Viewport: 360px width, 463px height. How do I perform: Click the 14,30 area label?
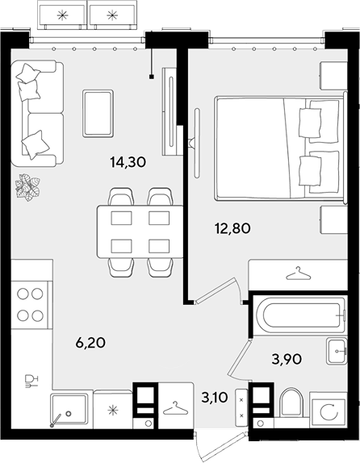128,162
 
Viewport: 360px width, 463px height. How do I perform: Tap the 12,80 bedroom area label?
233,228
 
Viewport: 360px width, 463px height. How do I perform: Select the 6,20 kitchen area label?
90,343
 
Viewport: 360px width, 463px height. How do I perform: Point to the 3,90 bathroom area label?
287,359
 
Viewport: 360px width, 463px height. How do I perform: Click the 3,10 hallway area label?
215,398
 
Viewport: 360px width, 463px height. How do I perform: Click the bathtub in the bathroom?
300,315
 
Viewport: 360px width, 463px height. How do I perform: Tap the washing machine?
329,410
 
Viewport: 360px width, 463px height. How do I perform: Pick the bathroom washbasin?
337,351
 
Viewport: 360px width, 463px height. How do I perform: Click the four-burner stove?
30,304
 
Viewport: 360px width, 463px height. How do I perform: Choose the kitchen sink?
69,411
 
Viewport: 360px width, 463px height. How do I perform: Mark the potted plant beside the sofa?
27,187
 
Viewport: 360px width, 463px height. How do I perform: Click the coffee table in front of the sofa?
98,114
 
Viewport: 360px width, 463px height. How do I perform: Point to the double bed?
280,148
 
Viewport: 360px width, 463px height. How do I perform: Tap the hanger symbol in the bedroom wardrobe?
299,273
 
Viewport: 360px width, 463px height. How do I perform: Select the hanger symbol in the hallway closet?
176,408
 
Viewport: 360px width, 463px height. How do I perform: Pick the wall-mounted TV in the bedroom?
197,143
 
